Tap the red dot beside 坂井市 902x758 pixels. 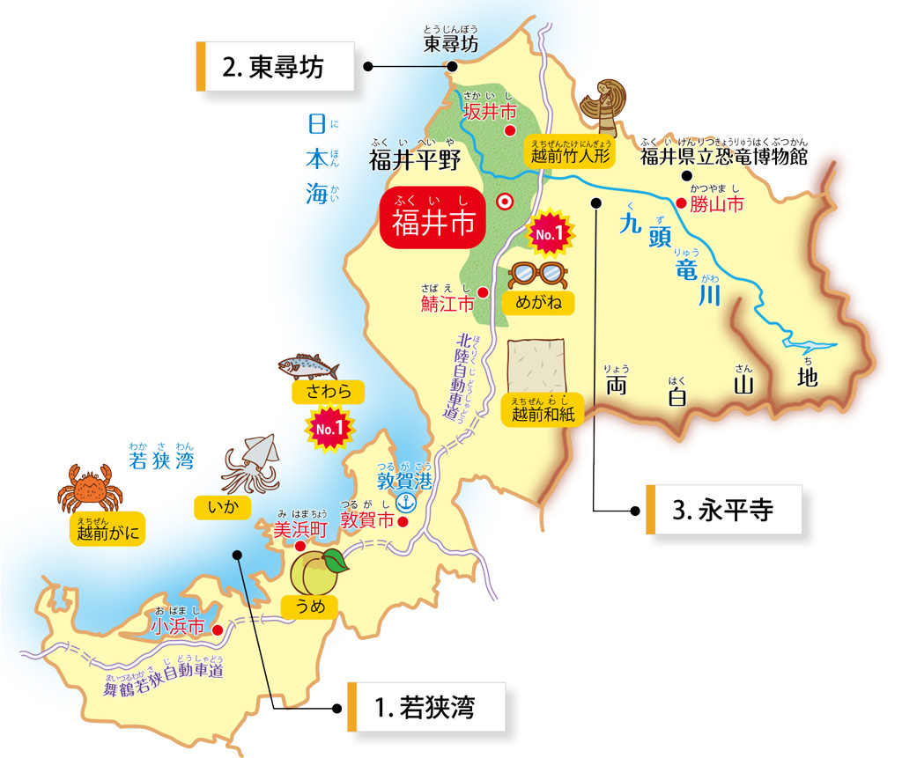click(x=509, y=131)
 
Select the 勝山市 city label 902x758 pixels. click(x=717, y=204)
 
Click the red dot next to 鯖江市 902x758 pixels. click(x=483, y=291)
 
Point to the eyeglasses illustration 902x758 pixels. click(x=538, y=275)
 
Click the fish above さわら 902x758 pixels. click(x=308, y=364)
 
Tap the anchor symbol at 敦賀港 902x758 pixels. click(x=406, y=502)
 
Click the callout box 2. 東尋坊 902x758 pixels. click(x=276, y=67)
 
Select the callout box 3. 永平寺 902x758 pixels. click(x=725, y=510)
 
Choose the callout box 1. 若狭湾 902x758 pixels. click(x=427, y=707)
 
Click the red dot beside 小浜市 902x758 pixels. click(x=217, y=629)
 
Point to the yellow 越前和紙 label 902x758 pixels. click(x=543, y=411)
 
